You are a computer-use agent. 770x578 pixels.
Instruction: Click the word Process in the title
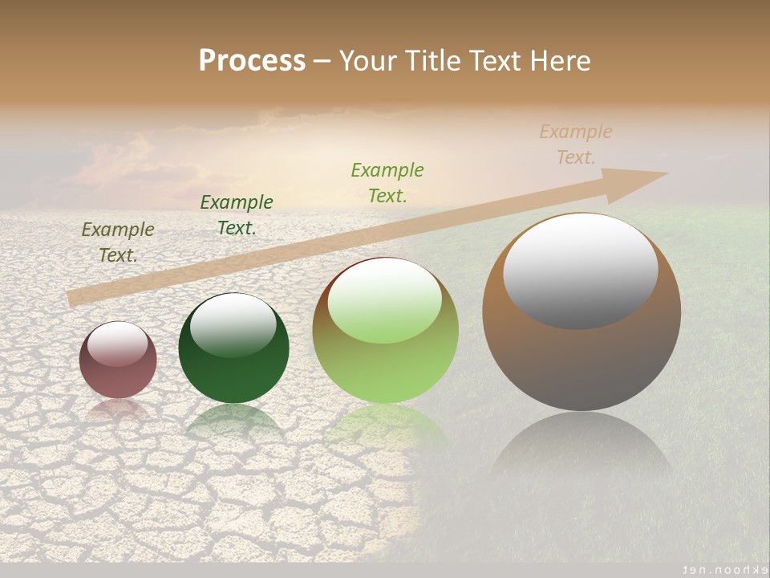point(252,61)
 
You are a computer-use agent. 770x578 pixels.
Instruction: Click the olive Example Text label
point(118,242)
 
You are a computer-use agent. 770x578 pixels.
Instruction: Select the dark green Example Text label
point(237,215)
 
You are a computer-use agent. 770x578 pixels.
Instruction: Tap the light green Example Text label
point(387,182)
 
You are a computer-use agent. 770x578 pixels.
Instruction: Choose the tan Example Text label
point(576,144)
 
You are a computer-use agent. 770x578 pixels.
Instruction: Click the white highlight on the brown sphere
point(580,271)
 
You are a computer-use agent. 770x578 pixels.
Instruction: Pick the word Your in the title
point(367,61)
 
